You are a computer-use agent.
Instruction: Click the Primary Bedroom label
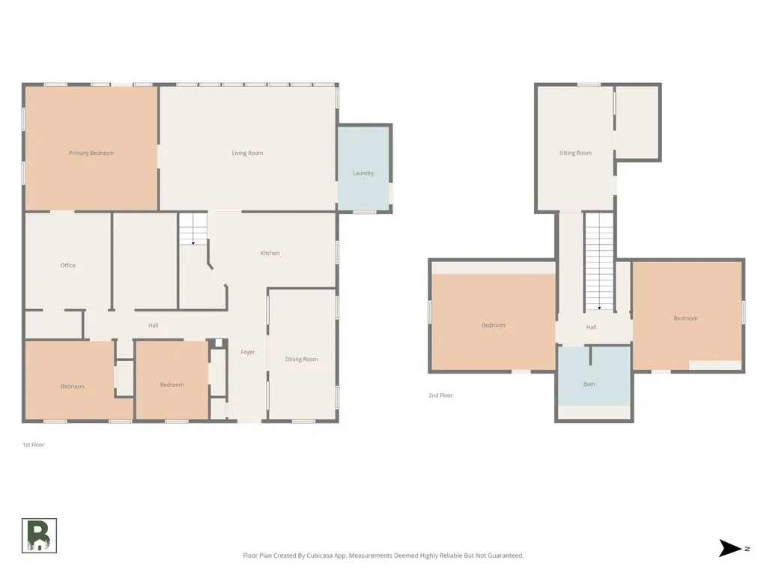(x=91, y=153)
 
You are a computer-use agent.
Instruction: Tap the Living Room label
(x=247, y=153)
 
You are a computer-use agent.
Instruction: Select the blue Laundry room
(x=363, y=168)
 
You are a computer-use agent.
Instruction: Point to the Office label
(x=68, y=266)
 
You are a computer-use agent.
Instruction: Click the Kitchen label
(x=270, y=253)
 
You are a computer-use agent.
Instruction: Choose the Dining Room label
(x=301, y=359)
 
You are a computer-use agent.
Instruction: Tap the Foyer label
(x=247, y=352)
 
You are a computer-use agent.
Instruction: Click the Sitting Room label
(x=575, y=153)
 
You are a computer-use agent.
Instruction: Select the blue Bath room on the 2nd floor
(x=594, y=376)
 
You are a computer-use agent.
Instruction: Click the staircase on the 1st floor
(x=192, y=229)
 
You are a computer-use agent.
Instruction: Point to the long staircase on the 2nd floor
(x=599, y=261)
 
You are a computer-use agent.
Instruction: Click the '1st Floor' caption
(x=33, y=445)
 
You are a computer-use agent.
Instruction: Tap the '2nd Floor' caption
(x=440, y=395)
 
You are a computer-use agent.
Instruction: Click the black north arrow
(x=730, y=548)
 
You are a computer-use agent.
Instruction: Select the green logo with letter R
(x=39, y=536)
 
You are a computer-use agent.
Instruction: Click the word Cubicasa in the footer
(x=321, y=556)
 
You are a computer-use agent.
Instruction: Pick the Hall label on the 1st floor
(x=153, y=326)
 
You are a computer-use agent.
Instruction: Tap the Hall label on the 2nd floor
(x=592, y=327)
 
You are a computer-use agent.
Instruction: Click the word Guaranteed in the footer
(x=507, y=556)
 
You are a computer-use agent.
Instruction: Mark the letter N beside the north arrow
(x=747, y=549)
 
